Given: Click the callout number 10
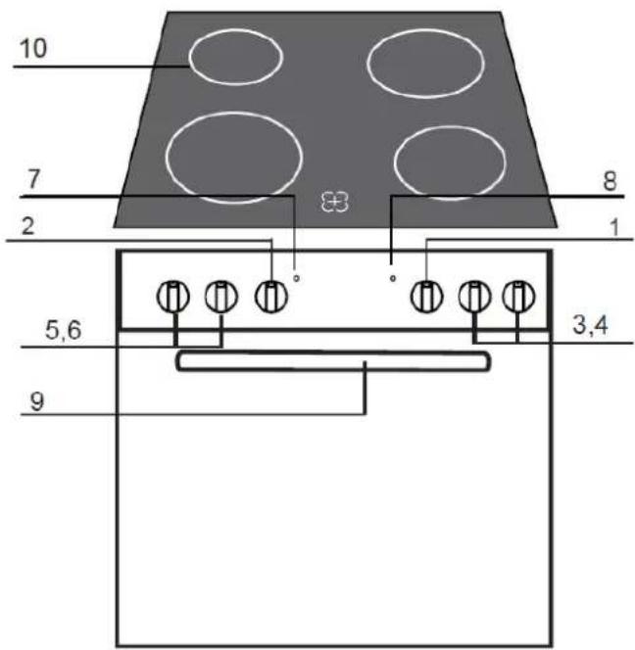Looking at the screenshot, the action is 33,48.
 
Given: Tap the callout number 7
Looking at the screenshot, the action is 33,179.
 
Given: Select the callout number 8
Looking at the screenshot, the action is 610,181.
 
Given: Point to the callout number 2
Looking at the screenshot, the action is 27,226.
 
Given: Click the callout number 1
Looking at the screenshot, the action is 614,227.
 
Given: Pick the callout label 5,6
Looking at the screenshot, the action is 63,331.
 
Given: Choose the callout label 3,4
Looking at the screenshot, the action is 590,325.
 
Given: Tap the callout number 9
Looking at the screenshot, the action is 37,401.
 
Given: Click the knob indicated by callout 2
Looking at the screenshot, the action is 270,297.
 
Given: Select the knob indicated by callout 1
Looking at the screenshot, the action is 426,297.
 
